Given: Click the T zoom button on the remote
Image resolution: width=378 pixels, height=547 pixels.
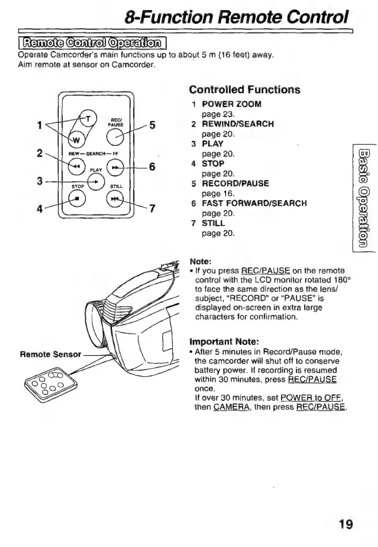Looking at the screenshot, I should (86, 118).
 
